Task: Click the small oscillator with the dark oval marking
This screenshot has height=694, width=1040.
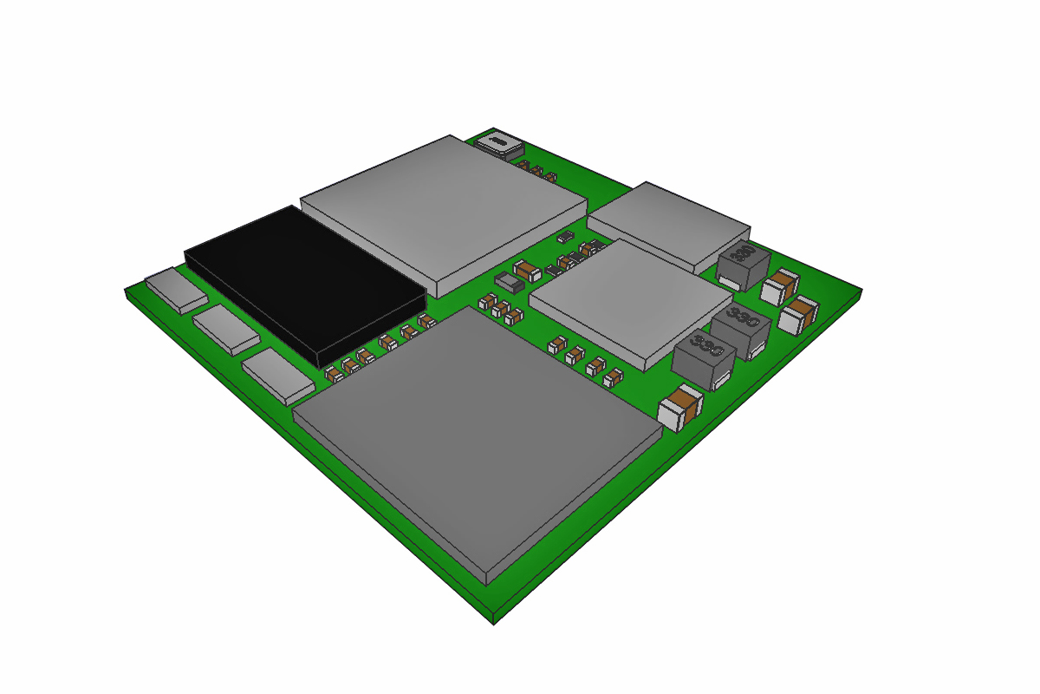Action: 497,142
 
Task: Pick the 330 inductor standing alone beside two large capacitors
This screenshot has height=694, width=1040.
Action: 744,265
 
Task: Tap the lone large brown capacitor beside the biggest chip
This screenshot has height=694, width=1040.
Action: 680,409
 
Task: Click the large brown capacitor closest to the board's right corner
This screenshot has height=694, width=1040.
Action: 798,314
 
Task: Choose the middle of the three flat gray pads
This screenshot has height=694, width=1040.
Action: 226,328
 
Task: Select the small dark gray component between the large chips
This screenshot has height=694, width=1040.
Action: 509,282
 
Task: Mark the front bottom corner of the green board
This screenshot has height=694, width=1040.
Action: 494,621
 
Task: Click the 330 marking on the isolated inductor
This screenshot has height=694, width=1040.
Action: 739,253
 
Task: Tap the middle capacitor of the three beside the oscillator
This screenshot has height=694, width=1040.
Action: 536,171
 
